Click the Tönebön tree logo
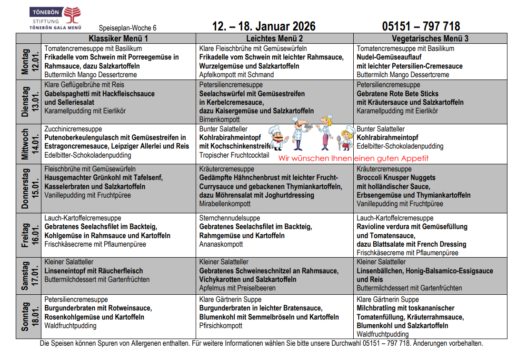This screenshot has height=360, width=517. point(71,14)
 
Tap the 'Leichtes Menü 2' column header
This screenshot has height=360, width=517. point(274,39)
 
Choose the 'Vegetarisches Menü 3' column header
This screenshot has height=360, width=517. point(430,39)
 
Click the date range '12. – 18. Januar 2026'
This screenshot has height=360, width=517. point(263,26)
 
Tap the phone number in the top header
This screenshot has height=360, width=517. point(421,26)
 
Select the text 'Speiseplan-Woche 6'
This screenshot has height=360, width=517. point(128,28)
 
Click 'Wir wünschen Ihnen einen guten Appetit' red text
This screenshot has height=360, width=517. point(353,158)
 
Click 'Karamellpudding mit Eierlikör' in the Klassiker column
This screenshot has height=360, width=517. point(85,111)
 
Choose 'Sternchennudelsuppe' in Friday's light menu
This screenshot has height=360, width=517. point(229,218)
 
